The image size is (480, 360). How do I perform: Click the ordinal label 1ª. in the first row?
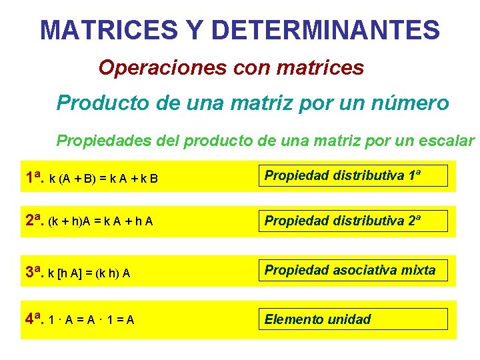(x=35, y=178)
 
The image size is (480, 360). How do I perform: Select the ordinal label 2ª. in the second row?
(x=35, y=221)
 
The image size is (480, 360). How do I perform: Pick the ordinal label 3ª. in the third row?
(x=35, y=271)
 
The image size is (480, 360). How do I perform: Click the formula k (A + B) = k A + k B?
(x=104, y=179)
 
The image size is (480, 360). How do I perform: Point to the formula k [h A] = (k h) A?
(x=90, y=273)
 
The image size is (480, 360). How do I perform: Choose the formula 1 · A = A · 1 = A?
(x=92, y=320)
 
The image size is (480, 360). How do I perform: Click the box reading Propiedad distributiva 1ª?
(x=353, y=176)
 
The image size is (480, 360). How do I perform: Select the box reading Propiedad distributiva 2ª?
(x=353, y=221)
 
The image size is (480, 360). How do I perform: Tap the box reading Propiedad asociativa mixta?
(x=353, y=270)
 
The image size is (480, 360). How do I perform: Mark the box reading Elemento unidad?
(x=353, y=319)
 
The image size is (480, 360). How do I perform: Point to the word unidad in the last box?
(x=349, y=319)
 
